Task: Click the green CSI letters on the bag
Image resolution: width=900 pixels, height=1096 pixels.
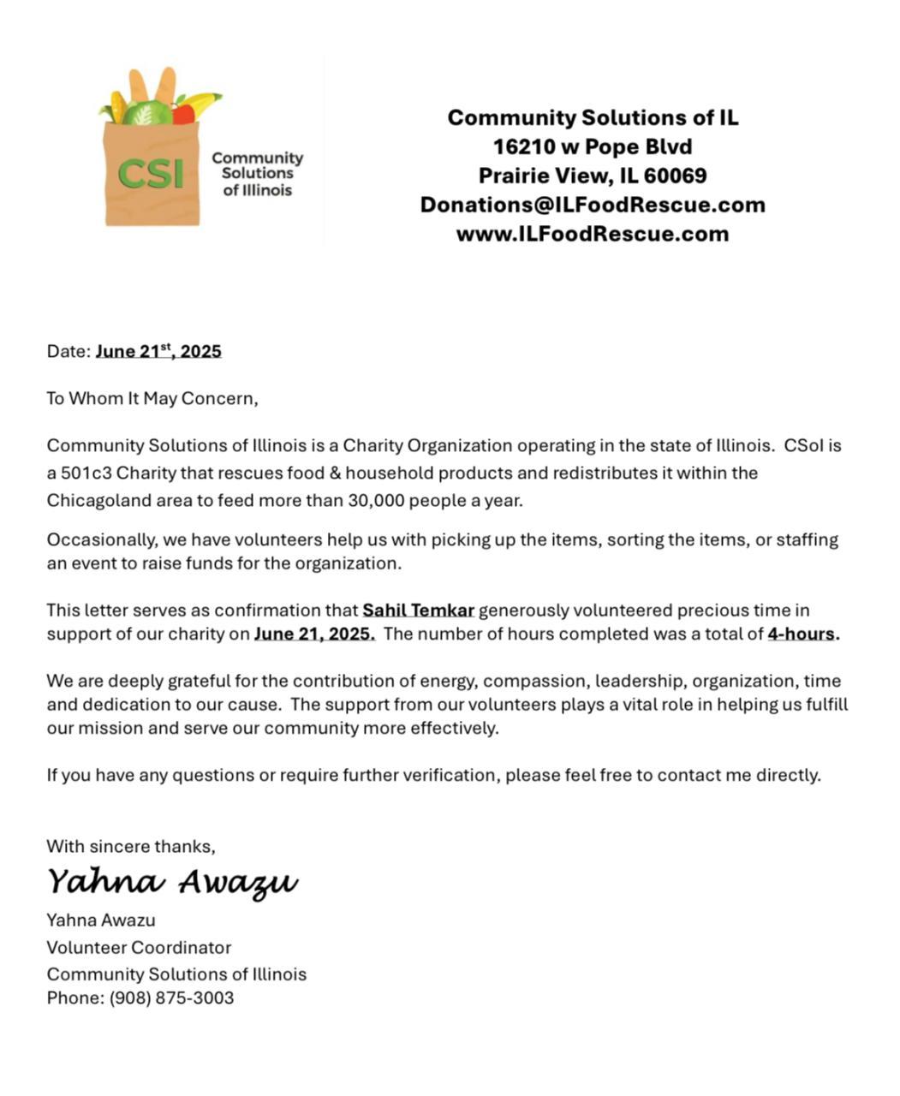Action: (151, 174)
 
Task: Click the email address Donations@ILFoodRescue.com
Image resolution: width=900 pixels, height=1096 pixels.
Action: (592, 205)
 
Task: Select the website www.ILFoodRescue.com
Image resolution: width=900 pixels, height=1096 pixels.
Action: (592, 234)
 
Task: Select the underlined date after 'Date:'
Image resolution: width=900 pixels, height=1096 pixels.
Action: (158, 351)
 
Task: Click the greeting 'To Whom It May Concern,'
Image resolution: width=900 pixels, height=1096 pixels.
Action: (152, 398)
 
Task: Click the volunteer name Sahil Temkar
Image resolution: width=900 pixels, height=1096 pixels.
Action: (418, 611)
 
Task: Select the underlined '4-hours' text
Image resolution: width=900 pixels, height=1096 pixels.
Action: (802, 634)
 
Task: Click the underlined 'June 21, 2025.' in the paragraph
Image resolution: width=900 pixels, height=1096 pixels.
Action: (314, 634)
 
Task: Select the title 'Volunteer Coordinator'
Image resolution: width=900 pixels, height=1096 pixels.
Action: (139, 948)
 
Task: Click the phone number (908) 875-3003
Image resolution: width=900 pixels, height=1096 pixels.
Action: (171, 998)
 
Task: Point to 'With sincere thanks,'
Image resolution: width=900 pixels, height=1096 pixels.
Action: (131, 847)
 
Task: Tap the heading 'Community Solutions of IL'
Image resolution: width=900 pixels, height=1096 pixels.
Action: (592, 117)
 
